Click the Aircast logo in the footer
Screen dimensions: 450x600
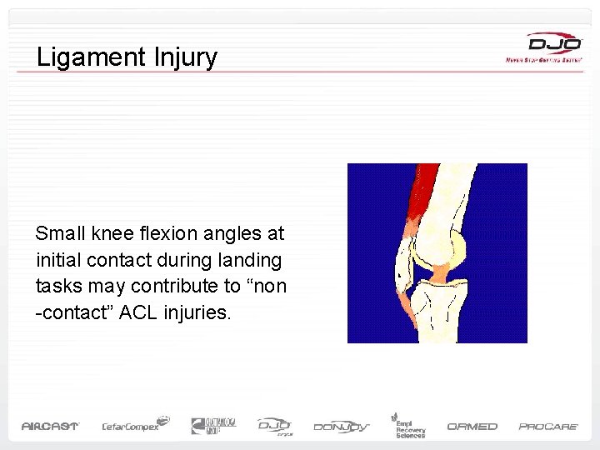[x=50, y=426]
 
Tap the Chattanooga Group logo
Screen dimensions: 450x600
[x=213, y=425]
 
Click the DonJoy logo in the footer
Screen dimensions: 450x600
[x=342, y=427]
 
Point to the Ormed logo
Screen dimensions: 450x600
[x=472, y=426]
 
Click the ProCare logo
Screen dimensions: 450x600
[x=548, y=426]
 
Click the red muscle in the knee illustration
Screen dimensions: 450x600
[x=426, y=200]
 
